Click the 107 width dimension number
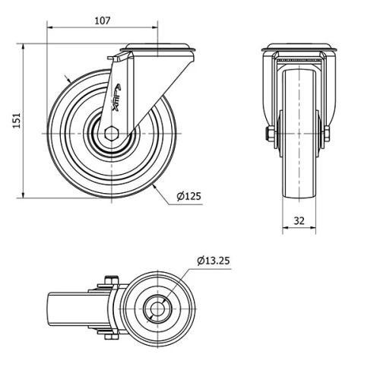(x=103, y=21)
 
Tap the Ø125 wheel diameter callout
(x=188, y=197)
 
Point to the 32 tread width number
(x=299, y=222)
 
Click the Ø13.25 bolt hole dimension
(x=213, y=261)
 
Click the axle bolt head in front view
(x=270, y=134)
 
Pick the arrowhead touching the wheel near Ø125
(x=156, y=185)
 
